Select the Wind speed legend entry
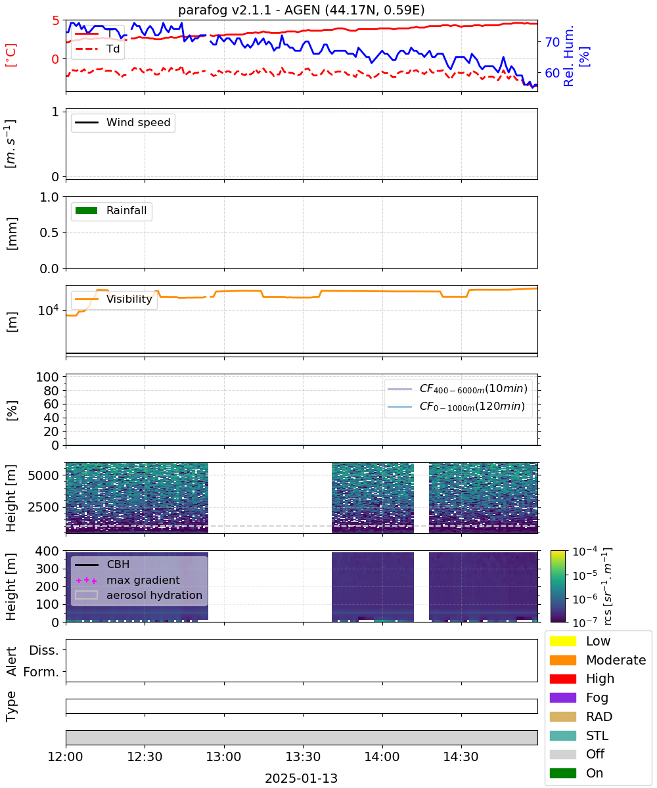coord(123,122)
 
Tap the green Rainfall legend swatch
coord(87,210)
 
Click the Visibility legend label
coord(129,299)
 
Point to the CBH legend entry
coord(102,564)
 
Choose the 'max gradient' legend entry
coord(127,580)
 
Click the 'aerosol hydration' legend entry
coord(139,595)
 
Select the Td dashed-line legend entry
coord(97,49)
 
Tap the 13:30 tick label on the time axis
coord(303,756)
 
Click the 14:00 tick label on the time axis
coord(382,756)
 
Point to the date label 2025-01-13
coord(302,778)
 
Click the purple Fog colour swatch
coord(562,697)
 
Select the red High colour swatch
coord(562,678)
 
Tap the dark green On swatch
coord(562,773)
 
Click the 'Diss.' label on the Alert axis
coord(44,650)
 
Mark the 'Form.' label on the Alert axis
coord(41,672)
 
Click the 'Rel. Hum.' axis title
coord(568,56)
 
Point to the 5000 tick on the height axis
coord(43,475)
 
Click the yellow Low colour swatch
coord(562,641)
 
